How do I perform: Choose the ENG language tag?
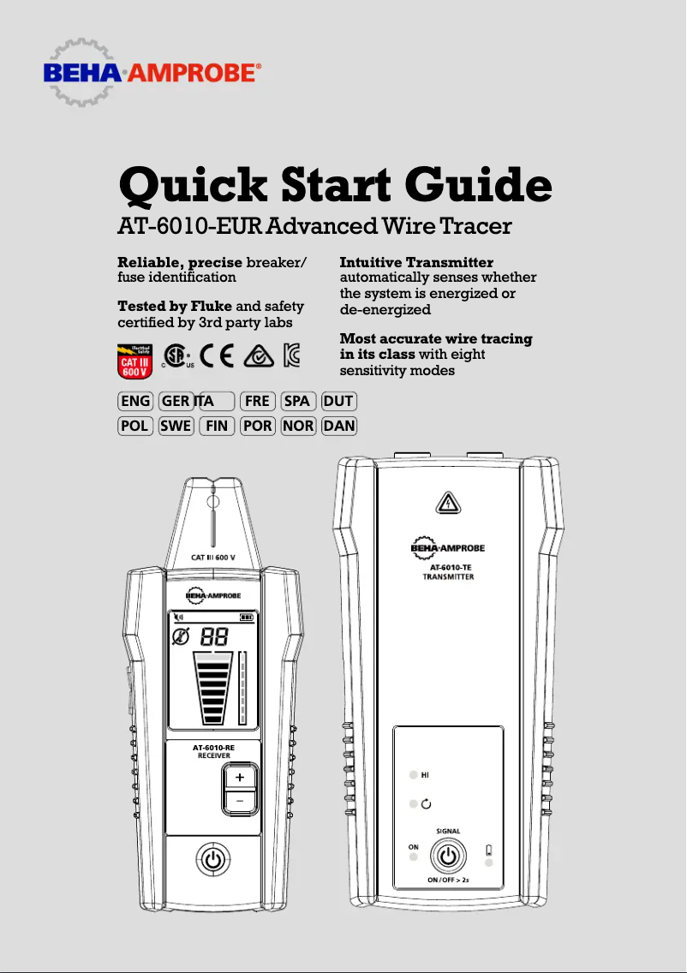pos(134,401)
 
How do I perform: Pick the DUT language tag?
pos(338,401)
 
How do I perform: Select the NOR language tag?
pos(298,426)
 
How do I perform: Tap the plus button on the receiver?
pos(240,777)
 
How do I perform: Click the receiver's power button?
pos(213,858)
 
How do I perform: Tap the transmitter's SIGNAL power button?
pos(447,855)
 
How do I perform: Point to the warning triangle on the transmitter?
pos(447,504)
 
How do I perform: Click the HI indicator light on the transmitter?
pos(413,774)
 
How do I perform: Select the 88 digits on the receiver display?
pos(214,636)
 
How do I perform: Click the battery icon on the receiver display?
pos(247,616)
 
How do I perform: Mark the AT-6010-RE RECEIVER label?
pos(212,751)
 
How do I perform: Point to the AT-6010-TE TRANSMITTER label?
pos(448,572)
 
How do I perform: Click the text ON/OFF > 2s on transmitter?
pos(447,880)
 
